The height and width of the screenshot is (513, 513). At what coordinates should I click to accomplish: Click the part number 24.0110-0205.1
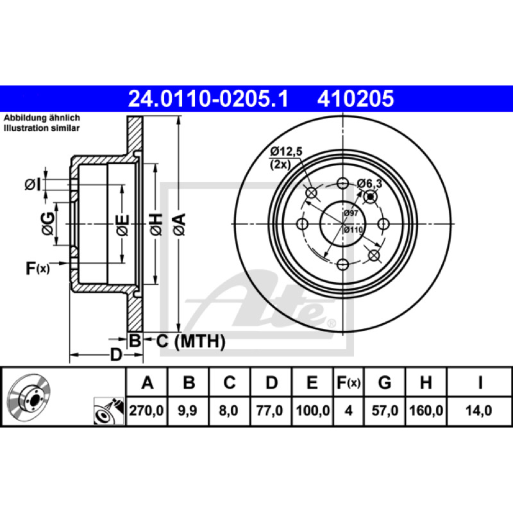pyautogui.click(x=208, y=99)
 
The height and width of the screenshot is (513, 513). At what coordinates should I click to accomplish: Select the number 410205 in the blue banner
pyautogui.click(x=355, y=99)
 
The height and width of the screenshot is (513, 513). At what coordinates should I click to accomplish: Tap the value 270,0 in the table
pyautogui.click(x=146, y=410)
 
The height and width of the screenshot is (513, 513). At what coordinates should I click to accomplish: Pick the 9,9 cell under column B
pyautogui.click(x=187, y=410)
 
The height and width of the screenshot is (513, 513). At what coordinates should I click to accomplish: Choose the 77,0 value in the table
pyautogui.click(x=269, y=410)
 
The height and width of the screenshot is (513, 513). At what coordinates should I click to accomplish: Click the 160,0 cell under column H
pyautogui.click(x=426, y=410)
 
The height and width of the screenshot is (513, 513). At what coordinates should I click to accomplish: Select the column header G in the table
pyautogui.click(x=385, y=382)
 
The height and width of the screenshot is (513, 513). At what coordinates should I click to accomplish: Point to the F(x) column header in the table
pyautogui.click(x=348, y=382)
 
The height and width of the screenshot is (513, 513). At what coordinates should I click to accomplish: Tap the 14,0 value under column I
pyautogui.click(x=478, y=410)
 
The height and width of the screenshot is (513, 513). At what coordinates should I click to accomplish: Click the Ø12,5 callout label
pyautogui.click(x=286, y=151)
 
